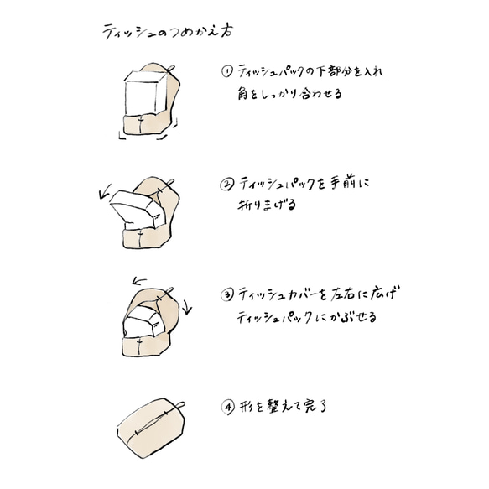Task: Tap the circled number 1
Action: click(x=226, y=73)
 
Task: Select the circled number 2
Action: click(x=226, y=184)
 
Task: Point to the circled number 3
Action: click(x=226, y=295)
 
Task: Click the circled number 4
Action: click(x=227, y=407)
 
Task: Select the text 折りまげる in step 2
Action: click(x=268, y=205)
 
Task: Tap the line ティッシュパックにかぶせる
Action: click(x=307, y=317)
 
